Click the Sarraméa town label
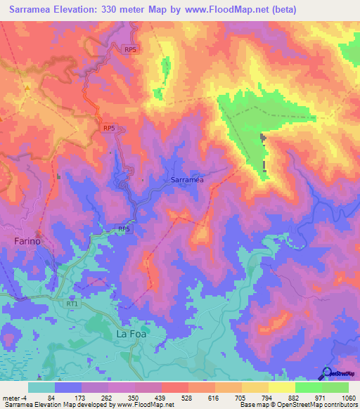pos(187,180)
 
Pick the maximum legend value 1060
pos(348,398)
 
